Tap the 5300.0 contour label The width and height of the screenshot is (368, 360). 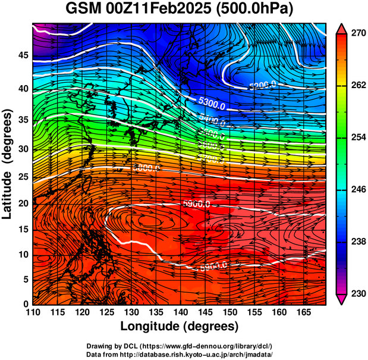(x=212, y=106)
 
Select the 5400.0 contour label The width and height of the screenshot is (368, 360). (x=212, y=121)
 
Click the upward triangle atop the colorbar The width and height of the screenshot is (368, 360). (x=341, y=28)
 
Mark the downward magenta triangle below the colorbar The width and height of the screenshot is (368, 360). (x=341, y=299)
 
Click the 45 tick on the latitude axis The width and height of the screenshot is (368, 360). (x=22, y=55)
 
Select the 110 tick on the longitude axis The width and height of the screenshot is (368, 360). (x=33, y=312)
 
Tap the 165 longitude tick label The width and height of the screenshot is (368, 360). (x=303, y=312)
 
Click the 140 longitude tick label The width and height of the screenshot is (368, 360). (x=180, y=312)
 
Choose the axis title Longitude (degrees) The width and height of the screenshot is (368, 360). (x=180, y=326)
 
